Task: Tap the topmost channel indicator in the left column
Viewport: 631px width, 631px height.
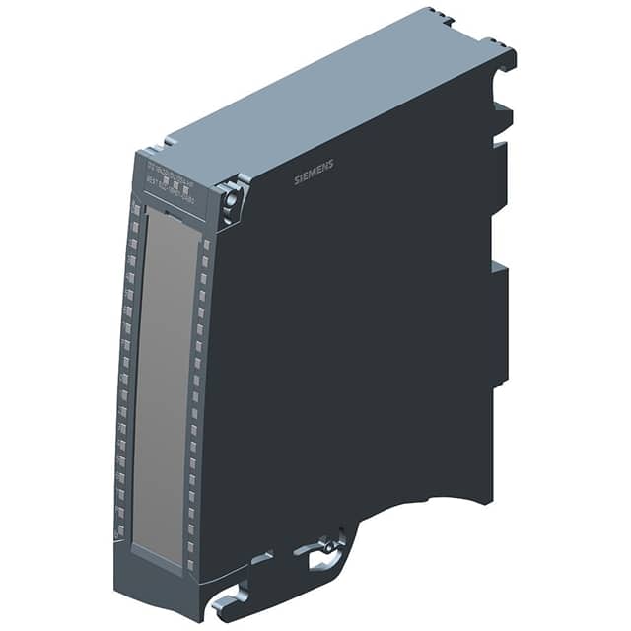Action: tap(134, 208)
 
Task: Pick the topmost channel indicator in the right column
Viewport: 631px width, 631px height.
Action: tap(206, 243)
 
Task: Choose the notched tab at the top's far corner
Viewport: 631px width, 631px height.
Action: tap(440, 17)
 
